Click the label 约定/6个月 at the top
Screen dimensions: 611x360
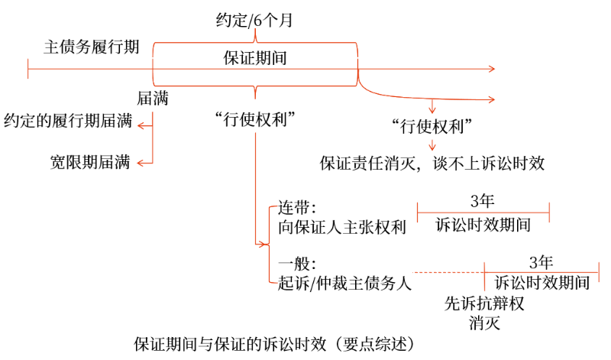(x=254, y=21)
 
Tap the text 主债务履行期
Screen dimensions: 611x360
(x=91, y=47)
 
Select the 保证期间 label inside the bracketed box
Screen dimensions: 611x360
(x=255, y=58)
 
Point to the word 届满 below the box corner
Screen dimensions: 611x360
(x=152, y=99)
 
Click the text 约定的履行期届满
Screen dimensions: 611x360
(x=68, y=121)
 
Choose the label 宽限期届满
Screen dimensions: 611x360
(x=90, y=162)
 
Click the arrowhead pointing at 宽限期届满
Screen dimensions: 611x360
(x=141, y=163)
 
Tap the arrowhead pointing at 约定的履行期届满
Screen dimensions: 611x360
(x=141, y=125)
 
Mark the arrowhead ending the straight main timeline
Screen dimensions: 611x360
(x=492, y=69)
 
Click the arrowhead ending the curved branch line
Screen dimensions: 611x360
(x=492, y=99)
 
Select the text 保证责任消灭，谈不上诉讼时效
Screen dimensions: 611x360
(x=432, y=163)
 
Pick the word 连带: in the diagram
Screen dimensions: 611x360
(x=297, y=208)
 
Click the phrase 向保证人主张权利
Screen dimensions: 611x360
(x=342, y=228)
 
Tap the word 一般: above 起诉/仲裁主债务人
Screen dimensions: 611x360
(x=297, y=264)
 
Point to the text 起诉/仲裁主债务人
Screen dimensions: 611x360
(x=345, y=284)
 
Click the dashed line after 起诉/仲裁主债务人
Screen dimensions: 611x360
(x=448, y=272)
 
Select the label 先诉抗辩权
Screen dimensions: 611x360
(x=484, y=303)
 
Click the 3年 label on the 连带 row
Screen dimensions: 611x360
(x=483, y=201)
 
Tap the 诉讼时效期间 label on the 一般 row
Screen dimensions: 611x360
(x=542, y=282)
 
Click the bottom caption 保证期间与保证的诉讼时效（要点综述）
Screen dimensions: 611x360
(x=274, y=345)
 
